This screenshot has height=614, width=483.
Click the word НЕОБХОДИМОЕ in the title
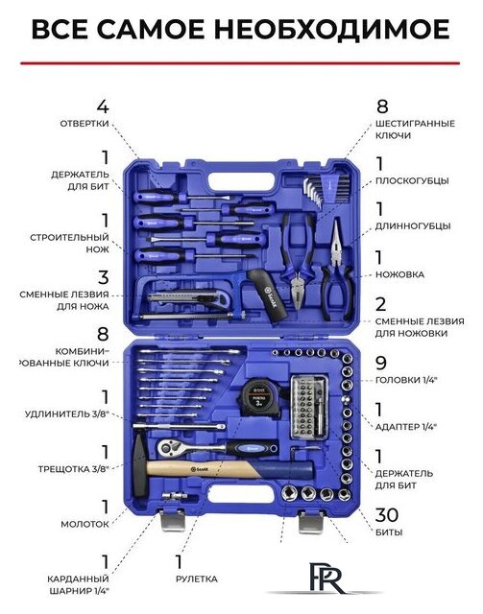click(x=332, y=30)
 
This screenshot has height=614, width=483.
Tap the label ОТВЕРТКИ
click(x=85, y=124)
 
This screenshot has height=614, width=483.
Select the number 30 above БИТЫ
click(x=387, y=515)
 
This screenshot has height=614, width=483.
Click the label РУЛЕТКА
click(x=197, y=579)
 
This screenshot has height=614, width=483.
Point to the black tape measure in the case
click(x=258, y=396)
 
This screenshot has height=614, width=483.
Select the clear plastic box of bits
click(x=309, y=407)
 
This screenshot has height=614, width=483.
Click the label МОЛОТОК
click(x=85, y=525)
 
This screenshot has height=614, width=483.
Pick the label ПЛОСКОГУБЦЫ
click(x=412, y=181)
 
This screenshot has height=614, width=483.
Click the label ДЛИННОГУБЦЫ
click(x=413, y=226)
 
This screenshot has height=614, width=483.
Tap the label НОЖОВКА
click(x=399, y=274)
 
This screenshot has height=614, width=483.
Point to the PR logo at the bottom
click(x=327, y=578)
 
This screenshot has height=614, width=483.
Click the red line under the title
click(x=240, y=62)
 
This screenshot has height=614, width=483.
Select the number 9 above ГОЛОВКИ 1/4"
click(x=381, y=363)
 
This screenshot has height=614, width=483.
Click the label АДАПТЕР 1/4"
click(x=406, y=426)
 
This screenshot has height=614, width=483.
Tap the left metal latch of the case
click(x=173, y=520)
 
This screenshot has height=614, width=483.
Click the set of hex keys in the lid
click(x=326, y=189)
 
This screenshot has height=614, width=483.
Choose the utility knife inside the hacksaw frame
click(x=183, y=298)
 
